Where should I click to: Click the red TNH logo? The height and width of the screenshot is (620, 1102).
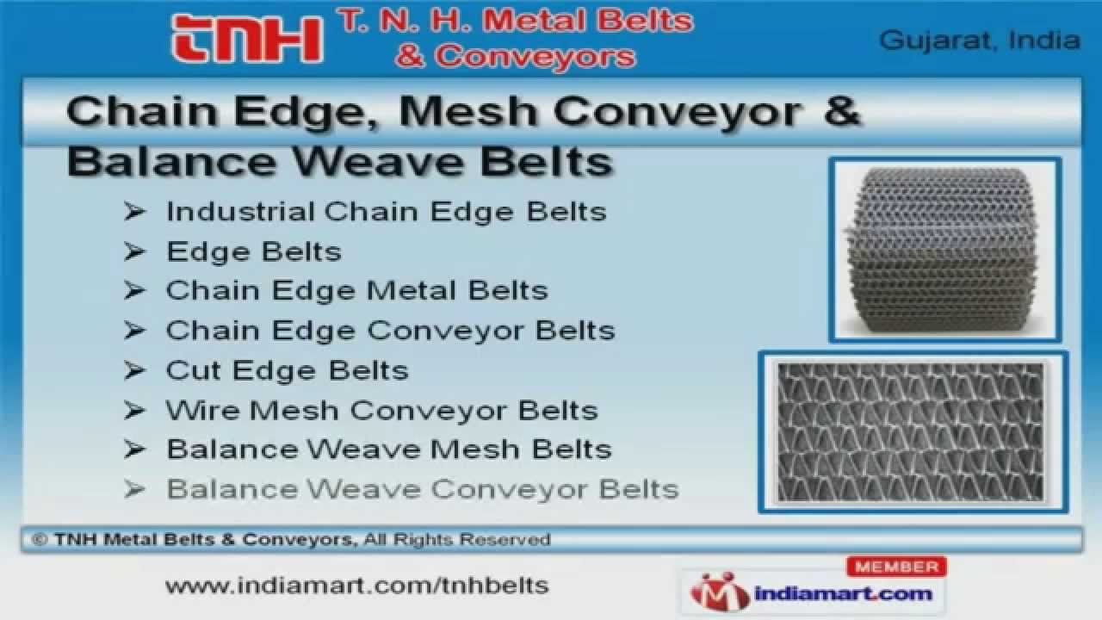[247, 40]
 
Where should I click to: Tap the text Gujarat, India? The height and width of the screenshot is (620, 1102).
[979, 40]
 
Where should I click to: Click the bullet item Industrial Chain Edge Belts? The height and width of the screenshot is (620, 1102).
[386, 211]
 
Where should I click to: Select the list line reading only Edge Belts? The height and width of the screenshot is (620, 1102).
[254, 251]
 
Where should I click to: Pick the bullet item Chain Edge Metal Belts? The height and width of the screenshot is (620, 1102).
[356, 290]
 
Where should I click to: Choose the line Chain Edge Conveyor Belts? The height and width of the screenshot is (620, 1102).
[390, 330]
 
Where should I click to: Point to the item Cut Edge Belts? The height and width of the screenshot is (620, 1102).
[287, 370]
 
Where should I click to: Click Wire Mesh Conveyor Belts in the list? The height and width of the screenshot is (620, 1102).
[381, 410]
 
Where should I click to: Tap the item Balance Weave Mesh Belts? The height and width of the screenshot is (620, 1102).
[388, 449]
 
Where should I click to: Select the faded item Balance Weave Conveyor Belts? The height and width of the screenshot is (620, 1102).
[422, 489]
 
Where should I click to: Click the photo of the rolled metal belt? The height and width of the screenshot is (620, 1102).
[944, 250]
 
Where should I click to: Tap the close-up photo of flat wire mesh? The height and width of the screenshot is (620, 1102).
[912, 431]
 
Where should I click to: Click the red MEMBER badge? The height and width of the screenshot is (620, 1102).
[897, 567]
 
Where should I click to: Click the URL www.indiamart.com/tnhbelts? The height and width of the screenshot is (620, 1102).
[356, 586]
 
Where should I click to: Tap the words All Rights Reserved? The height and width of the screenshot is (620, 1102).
[457, 540]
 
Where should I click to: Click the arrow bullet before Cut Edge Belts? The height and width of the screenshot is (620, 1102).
[134, 370]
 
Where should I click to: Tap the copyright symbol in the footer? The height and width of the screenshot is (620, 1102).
[39, 540]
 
